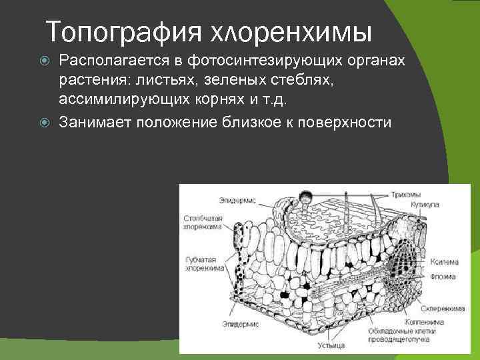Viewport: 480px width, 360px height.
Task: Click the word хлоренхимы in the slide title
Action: tap(291, 31)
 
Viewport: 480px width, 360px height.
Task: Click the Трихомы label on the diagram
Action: tap(427, 194)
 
